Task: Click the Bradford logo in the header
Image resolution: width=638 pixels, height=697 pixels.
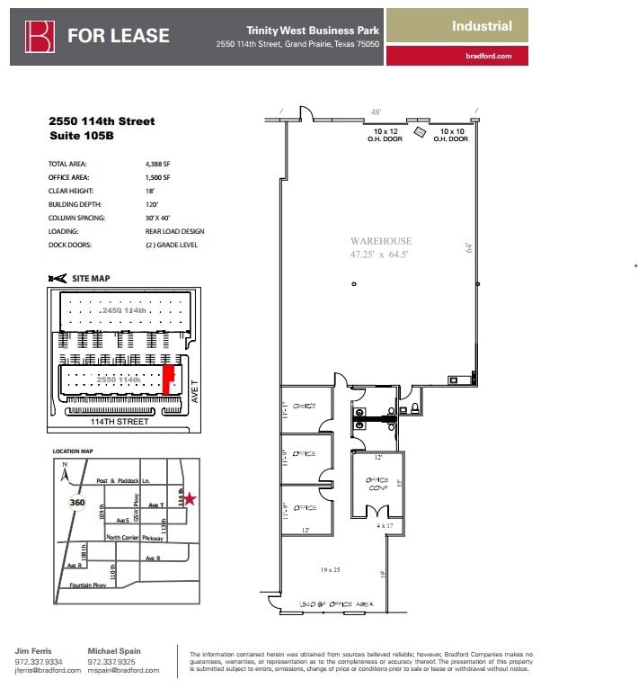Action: [40, 36]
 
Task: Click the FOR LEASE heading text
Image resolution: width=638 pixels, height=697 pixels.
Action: [118, 36]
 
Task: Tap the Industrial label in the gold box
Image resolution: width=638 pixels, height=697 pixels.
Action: [482, 26]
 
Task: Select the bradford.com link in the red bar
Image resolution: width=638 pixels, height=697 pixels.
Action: [489, 56]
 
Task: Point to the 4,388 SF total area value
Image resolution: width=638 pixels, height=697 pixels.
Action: [157, 165]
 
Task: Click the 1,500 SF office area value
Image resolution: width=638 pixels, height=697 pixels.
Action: [157, 177]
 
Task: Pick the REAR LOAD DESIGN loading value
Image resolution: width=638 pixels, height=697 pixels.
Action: [174, 231]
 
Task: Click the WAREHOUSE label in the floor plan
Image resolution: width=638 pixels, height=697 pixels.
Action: [381, 241]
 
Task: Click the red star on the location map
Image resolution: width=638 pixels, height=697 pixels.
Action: [190, 498]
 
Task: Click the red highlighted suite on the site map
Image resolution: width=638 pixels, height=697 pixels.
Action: [167, 379]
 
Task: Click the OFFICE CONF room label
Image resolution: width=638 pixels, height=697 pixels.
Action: [377, 486]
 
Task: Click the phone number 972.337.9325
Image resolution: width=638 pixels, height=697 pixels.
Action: [113, 661]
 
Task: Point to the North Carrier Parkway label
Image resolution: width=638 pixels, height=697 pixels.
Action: [135, 538]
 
